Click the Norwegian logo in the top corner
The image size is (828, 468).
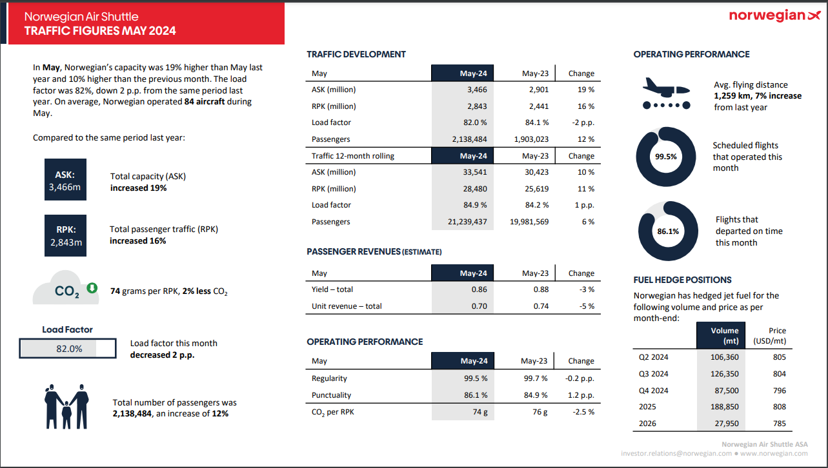774,16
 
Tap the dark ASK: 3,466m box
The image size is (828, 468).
65,181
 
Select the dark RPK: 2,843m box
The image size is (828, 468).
65,235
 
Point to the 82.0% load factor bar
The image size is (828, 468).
68,348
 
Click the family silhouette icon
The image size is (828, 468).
66,407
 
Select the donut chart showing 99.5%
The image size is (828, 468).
666,157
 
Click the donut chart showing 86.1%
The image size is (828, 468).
667,231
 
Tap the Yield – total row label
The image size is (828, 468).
332,289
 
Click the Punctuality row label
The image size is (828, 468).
331,395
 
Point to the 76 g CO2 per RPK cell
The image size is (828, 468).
540,412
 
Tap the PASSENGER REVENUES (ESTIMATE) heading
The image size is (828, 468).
374,251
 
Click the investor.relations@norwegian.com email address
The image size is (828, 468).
676,453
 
